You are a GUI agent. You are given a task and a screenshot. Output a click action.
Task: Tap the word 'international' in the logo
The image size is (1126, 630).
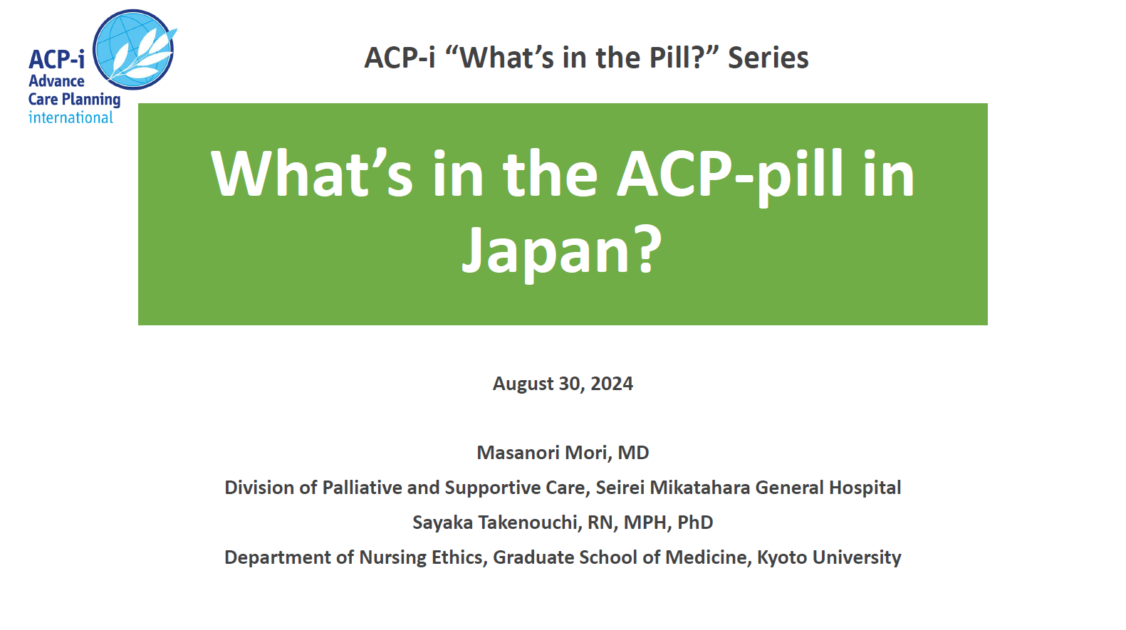point(71,117)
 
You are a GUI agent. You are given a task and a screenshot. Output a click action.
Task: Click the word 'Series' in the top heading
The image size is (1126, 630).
point(768,57)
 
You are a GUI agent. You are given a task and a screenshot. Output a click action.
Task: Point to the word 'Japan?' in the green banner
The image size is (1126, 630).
point(562,249)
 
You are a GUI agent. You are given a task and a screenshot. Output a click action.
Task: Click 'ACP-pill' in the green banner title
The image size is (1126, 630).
point(730,174)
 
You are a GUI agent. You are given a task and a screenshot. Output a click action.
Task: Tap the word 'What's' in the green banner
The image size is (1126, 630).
point(312,173)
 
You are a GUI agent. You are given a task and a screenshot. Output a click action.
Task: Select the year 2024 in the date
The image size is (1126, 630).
point(612,383)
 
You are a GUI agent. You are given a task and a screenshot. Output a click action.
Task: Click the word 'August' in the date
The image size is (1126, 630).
point(523,384)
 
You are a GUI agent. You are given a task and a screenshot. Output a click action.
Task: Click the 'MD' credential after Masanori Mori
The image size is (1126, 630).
point(633,453)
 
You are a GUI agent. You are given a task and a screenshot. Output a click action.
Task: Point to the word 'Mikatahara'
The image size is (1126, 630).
point(699,488)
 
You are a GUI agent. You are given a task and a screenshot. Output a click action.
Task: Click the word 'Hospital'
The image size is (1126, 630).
point(865,488)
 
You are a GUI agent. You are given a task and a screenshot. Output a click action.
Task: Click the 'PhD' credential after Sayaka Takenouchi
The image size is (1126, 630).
point(695,523)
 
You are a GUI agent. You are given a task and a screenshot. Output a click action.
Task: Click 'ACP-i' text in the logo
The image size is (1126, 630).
point(57,59)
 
